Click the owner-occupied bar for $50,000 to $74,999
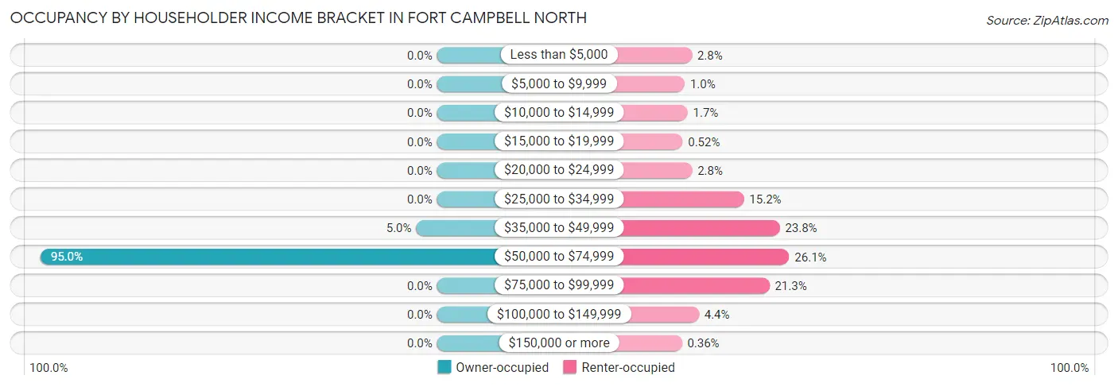coord(270,257)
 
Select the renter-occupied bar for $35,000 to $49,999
coord(700,228)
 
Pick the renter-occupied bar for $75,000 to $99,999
coord(695,285)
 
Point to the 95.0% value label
coord(67,257)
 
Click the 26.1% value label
coord(811,257)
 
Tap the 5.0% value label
coord(398,228)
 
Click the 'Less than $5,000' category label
coord(559,55)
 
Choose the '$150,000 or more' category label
coord(559,343)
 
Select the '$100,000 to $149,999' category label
coord(559,315)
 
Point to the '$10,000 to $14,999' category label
coord(559,113)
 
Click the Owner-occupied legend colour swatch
coord(444,367)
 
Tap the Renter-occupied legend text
coord(628,367)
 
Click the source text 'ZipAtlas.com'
coord(1069,20)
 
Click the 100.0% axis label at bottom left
coord(49,368)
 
